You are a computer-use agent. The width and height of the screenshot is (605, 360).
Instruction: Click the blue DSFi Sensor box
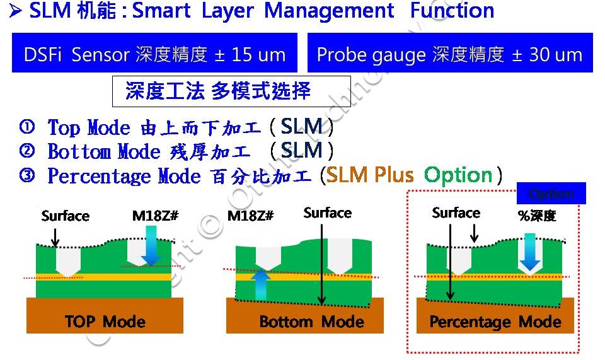pos(154,54)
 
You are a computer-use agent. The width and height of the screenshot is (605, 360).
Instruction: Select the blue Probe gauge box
pos(449,54)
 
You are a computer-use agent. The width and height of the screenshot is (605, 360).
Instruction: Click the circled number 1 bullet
pos(26,127)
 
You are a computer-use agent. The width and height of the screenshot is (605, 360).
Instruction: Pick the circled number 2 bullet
pos(26,151)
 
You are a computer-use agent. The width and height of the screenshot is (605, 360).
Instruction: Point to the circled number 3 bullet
pos(26,176)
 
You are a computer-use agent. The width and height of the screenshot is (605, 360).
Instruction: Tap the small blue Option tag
pos(551,194)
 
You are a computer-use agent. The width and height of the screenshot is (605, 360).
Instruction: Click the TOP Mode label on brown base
pos(105,322)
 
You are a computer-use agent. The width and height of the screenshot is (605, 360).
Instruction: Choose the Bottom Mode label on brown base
pos(311,322)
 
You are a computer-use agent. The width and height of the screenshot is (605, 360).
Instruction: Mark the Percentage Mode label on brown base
pos(495,322)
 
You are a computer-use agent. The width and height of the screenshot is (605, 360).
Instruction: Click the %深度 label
pos(537,215)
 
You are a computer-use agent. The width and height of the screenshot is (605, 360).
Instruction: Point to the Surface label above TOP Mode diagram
pos(66,216)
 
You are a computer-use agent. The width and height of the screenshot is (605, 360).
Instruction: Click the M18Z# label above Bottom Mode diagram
pos(250,216)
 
